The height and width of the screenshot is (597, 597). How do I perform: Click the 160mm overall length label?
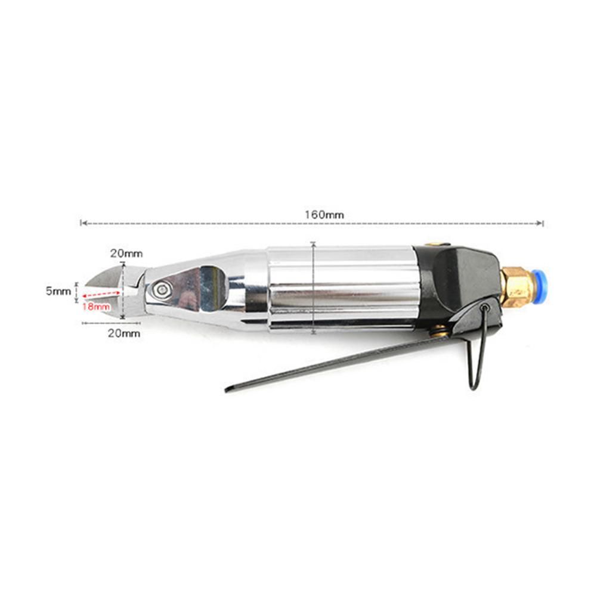pos(324,215)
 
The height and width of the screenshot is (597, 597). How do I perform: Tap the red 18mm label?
pos(97,307)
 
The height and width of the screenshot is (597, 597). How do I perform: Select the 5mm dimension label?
pos(58,291)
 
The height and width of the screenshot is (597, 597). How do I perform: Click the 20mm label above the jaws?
pos(126,253)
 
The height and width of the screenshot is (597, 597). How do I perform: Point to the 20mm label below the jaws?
pos(123,333)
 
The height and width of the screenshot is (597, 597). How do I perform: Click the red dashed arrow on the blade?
pos(101,293)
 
